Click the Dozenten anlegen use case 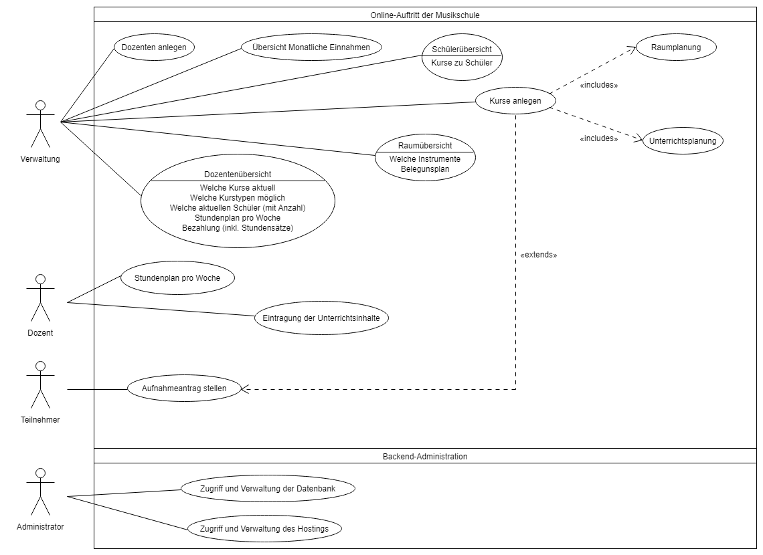(x=154, y=47)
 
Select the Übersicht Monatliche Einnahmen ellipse (x=311, y=47)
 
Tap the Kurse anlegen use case (x=515, y=101)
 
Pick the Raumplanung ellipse (x=675, y=48)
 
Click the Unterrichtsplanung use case (x=683, y=141)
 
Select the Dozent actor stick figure (x=40, y=298)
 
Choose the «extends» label (x=538, y=255)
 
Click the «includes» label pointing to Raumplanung (x=598, y=86)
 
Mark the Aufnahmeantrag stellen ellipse (x=184, y=388)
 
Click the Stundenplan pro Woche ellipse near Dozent (x=177, y=277)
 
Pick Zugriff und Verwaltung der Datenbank (x=267, y=489)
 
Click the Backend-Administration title (x=424, y=457)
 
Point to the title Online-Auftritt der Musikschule (x=424, y=15)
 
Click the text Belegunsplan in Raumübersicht (x=425, y=170)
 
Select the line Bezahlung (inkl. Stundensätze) (x=238, y=227)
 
